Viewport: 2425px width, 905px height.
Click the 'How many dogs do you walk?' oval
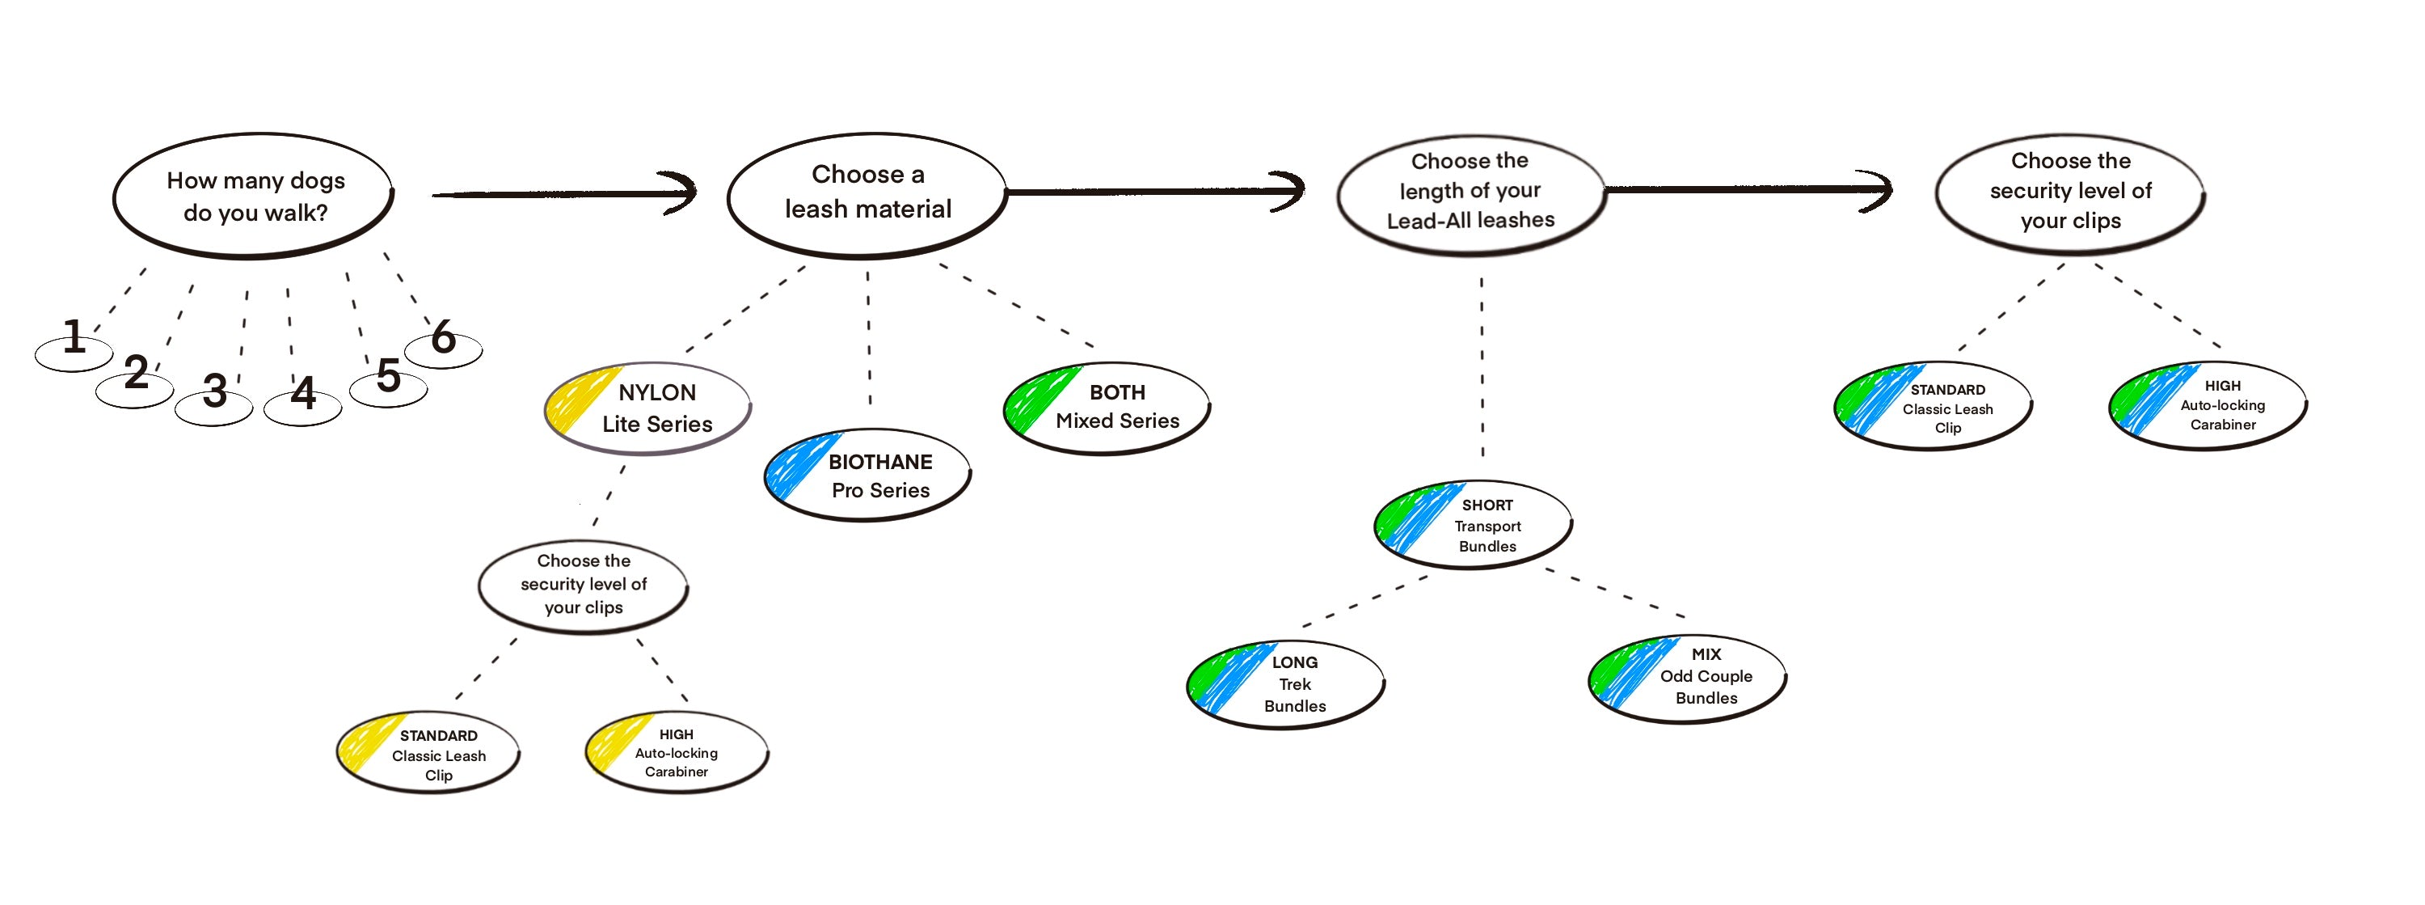tap(254, 196)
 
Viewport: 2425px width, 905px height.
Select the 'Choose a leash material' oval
tap(867, 193)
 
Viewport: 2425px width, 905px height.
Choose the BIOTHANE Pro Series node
tap(868, 476)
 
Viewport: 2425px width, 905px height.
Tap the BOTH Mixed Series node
tap(1107, 407)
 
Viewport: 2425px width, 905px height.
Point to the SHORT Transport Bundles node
tap(1474, 526)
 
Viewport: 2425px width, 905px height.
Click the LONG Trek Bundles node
tap(1286, 683)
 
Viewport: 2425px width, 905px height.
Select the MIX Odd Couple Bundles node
tap(1689, 676)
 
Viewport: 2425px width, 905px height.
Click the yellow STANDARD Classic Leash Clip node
tap(429, 755)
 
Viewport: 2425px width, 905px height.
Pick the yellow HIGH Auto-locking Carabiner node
tap(677, 752)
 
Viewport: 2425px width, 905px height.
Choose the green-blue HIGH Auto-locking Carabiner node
tap(2208, 405)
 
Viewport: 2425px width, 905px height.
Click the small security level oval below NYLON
tap(584, 585)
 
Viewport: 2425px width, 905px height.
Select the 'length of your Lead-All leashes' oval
tap(1470, 192)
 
